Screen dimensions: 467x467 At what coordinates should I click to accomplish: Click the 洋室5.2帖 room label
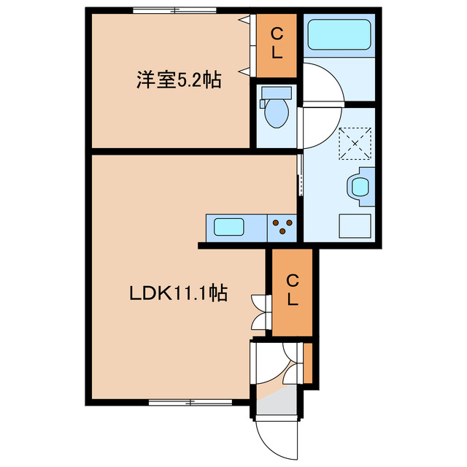point(179,80)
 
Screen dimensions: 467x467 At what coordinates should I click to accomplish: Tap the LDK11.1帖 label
point(178,293)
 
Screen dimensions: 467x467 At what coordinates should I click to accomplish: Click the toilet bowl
point(275,112)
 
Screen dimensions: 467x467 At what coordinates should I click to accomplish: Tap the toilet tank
point(276,93)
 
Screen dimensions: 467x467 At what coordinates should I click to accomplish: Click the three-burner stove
point(283,228)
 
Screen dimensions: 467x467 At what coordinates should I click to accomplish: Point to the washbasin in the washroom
point(361,185)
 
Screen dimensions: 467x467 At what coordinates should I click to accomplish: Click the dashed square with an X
point(355,142)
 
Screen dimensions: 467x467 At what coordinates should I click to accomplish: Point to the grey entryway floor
point(275,401)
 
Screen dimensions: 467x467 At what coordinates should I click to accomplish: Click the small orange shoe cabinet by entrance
point(308,363)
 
